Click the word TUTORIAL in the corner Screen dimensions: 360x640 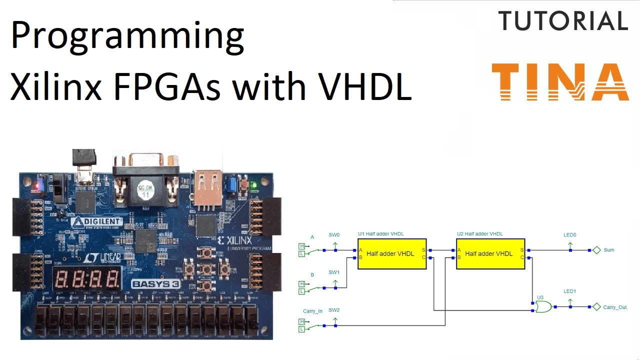click(x=563, y=21)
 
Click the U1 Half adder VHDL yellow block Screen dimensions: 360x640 click(x=392, y=253)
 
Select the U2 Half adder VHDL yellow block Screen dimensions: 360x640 click(x=490, y=253)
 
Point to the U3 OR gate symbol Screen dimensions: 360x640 click(x=543, y=307)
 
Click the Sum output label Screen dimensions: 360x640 click(x=608, y=250)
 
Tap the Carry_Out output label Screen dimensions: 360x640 click(x=614, y=307)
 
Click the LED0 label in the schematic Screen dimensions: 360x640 click(x=569, y=234)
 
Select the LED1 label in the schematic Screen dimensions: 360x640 click(x=569, y=291)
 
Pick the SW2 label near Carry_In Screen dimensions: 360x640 click(x=334, y=310)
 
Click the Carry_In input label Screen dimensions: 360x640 click(x=312, y=311)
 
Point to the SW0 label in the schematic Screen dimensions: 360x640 click(x=334, y=234)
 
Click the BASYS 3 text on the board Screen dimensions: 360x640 click(x=155, y=284)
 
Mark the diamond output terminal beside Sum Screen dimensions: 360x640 click(x=596, y=250)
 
